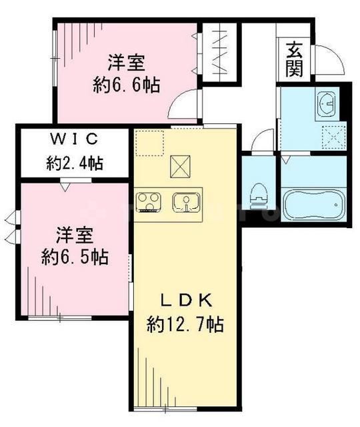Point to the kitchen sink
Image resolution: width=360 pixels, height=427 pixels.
point(184,201)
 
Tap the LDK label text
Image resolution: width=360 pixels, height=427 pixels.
point(185,298)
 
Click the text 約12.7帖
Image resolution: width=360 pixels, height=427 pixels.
point(185,325)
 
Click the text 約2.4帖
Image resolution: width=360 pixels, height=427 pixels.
point(73,162)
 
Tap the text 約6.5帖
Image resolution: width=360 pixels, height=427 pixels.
point(73,256)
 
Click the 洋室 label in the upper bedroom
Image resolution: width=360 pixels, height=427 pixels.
point(126,63)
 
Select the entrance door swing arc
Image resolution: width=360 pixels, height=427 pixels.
point(329,62)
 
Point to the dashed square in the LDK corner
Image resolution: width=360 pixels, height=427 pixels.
point(151,143)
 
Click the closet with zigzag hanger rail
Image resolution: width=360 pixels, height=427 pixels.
point(219,53)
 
